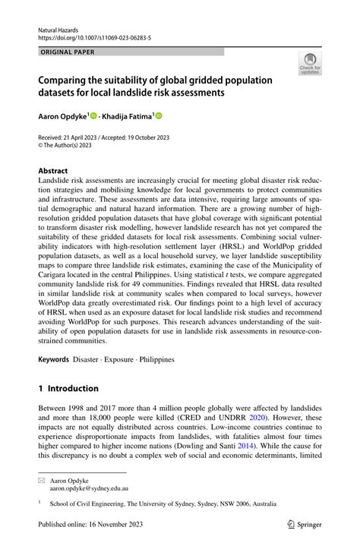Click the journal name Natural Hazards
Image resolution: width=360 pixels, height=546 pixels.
[x=58, y=27]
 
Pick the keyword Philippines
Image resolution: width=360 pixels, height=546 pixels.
[x=156, y=358]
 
